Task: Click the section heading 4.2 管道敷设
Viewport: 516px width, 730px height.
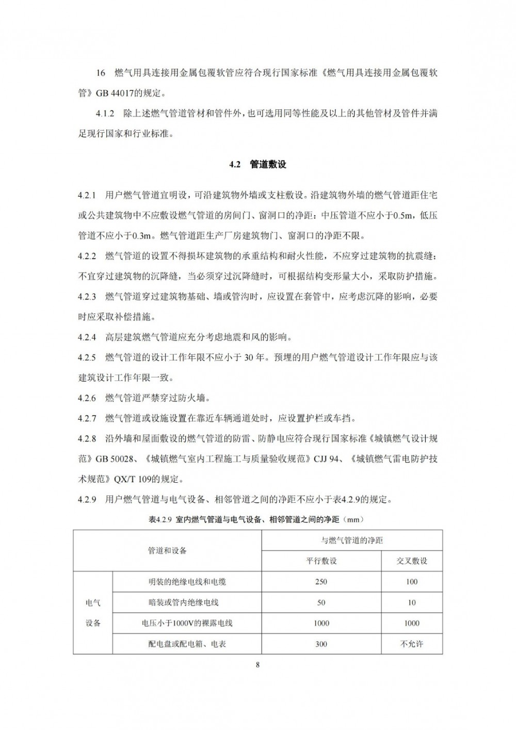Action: (257, 165)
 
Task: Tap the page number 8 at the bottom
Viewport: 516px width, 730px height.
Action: (257, 665)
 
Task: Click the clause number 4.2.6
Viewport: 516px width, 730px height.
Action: (87, 398)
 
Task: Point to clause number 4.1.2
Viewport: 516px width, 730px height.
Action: (106, 114)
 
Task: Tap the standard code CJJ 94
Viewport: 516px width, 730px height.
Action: (326, 458)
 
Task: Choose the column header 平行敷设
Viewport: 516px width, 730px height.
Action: (321, 561)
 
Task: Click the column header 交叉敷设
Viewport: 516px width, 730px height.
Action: (411, 561)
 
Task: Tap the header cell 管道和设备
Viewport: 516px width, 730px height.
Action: (167, 550)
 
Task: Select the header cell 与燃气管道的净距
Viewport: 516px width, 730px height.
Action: (352, 540)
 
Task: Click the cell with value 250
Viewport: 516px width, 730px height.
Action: (321, 582)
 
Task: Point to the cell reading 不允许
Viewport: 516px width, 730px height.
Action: (411, 644)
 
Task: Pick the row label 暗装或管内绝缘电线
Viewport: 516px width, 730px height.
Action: (187, 602)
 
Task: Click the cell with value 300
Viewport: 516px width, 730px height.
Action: (321, 644)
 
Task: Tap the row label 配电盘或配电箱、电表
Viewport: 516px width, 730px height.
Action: (187, 644)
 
